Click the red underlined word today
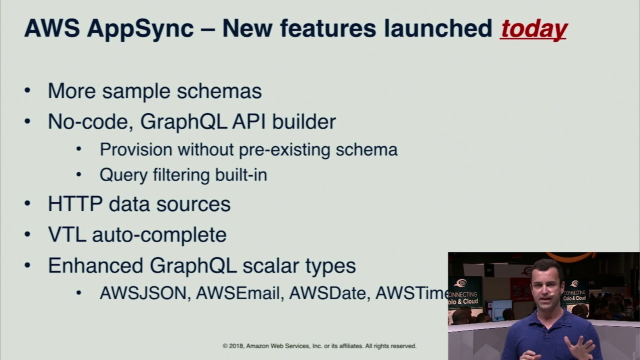(533, 29)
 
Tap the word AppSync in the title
(140, 29)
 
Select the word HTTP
(75, 204)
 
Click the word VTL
(66, 234)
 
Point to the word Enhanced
(95, 265)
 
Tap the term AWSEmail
(237, 293)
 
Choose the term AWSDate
(329, 293)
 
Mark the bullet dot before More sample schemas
(27, 91)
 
